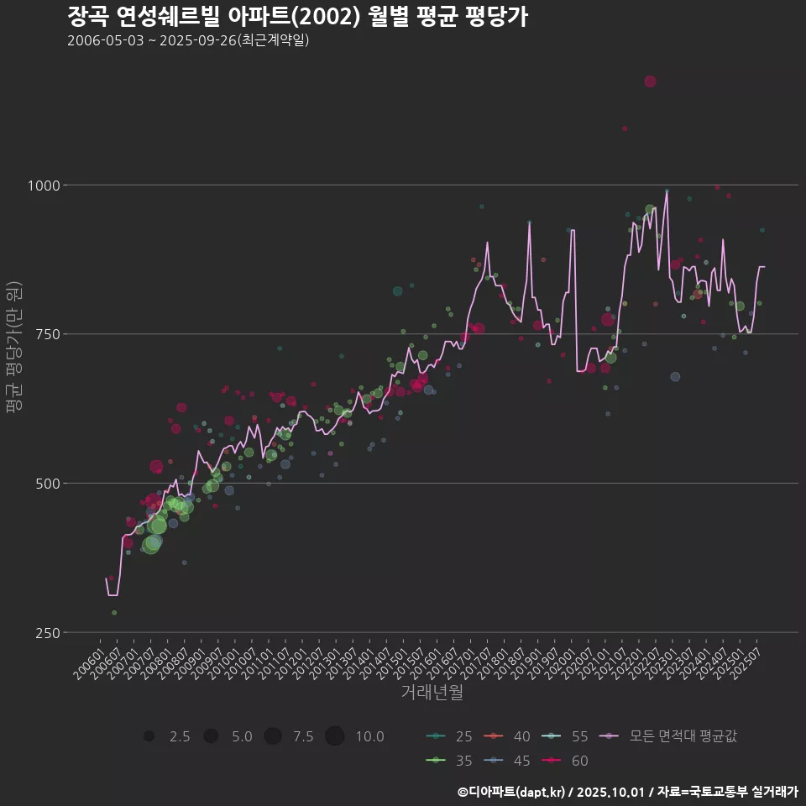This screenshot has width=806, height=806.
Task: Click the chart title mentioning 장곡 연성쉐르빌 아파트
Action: coord(297,17)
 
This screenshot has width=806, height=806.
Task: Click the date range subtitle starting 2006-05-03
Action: coord(188,40)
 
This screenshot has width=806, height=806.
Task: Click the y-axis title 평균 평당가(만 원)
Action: coord(13,346)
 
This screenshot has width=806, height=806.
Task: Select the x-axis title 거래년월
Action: coord(432,693)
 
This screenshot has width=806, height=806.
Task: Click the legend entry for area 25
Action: coord(448,736)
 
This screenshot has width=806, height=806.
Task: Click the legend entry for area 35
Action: coord(448,761)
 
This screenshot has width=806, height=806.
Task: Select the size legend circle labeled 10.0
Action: coord(335,736)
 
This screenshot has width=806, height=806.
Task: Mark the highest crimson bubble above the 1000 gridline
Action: coord(650,81)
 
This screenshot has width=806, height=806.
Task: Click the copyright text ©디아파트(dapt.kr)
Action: coord(514,792)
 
